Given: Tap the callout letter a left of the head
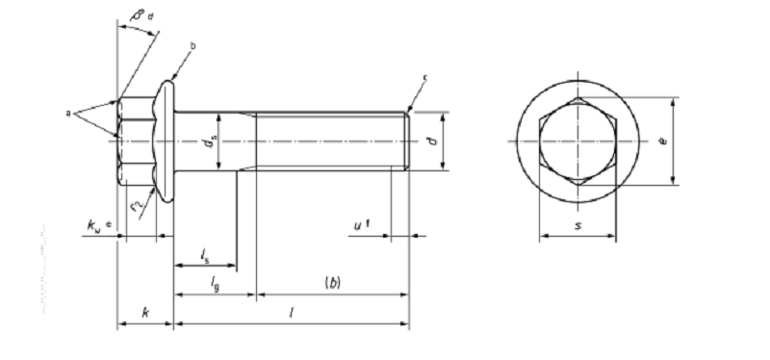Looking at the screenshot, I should coord(68,113).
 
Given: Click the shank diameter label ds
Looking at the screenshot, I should coord(208,144).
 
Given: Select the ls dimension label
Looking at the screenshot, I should coord(205,254).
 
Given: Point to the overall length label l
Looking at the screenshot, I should coord(291,312).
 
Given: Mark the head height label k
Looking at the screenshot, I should coord(144,312).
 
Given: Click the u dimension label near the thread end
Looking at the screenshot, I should coord(360,225).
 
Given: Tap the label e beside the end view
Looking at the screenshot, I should coord(663,141).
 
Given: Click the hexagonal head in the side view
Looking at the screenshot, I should coord(133,141).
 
